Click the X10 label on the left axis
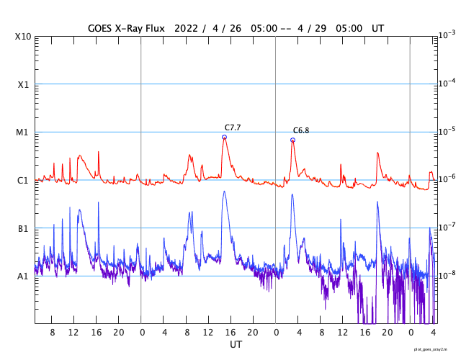click(x=22, y=36)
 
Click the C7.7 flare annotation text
click(x=232, y=127)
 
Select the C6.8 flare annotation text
click(x=300, y=130)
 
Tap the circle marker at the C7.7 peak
click(x=224, y=137)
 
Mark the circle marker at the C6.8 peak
click(x=292, y=140)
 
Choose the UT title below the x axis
click(x=236, y=345)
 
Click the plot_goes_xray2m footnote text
click(x=435, y=349)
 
